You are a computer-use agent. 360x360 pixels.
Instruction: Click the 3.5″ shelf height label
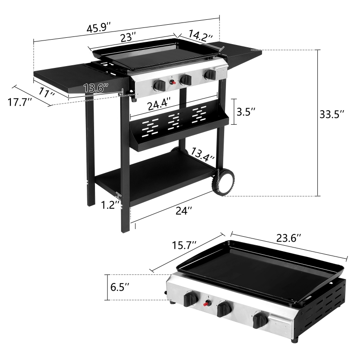tap(246, 111)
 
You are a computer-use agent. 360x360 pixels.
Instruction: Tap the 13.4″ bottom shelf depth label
tap(202, 154)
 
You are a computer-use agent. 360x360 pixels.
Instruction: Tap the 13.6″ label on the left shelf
tap(95, 88)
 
